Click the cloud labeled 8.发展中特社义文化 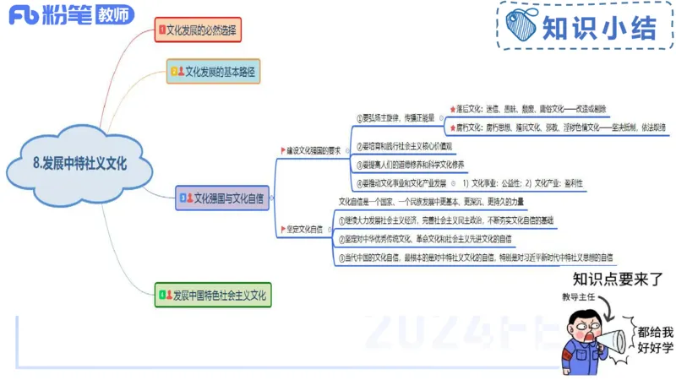point(80,164)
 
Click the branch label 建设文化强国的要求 point(313,150)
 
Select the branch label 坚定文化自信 point(303,229)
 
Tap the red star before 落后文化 point(453,109)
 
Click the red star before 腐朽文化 point(453,128)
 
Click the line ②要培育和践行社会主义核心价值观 point(404,146)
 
